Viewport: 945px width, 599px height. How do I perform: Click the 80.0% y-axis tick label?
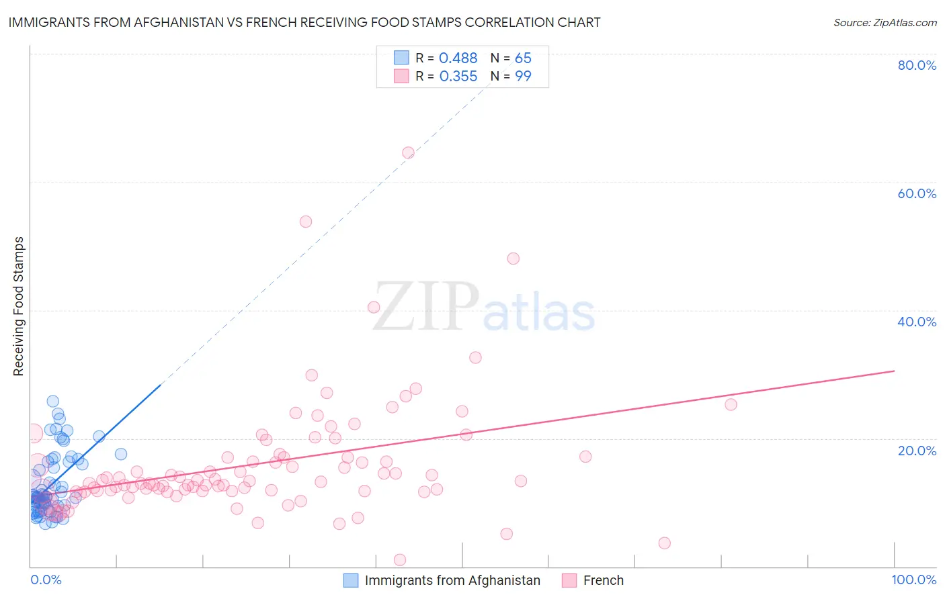coord(917,65)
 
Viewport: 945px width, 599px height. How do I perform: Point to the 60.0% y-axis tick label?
coord(917,193)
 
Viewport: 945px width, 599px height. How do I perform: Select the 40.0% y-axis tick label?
coord(917,322)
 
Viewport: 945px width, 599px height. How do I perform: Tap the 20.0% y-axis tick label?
coord(917,451)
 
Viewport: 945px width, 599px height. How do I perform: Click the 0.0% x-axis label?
coord(46,580)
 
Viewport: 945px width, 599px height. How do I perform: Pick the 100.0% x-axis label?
coord(913,580)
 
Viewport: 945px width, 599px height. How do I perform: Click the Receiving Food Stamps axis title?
coord(19,306)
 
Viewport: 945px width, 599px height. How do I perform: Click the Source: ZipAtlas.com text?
coord(885,22)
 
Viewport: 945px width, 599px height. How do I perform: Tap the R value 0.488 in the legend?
coord(458,58)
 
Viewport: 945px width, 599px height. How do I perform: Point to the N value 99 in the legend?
coord(523,77)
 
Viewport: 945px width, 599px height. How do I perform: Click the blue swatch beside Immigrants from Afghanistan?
coord(351,580)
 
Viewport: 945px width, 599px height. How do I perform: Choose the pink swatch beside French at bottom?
coord(569,580)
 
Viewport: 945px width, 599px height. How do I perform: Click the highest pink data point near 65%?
coord(408,152)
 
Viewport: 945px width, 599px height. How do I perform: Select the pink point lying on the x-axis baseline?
coord(400,559)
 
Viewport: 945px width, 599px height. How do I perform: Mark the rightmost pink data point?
coord(731,404)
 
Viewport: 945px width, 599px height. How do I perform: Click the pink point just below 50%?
coord(513,259)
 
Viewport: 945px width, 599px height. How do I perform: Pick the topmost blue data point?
coord(52,401)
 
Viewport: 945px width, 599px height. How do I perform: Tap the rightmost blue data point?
coord(121,454)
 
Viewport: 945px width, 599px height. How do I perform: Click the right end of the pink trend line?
coord(894,371)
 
